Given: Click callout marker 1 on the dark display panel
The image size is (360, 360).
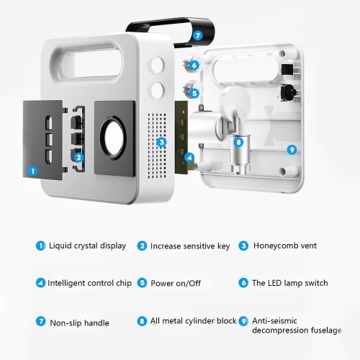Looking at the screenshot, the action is point(33,171).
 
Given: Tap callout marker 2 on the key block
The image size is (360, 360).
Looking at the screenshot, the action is point(78,158).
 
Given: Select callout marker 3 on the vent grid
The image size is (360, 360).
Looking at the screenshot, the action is point(161,142).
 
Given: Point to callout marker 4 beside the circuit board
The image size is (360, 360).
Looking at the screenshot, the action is point(189,158).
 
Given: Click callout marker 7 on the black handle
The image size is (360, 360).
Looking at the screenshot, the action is point(198,35).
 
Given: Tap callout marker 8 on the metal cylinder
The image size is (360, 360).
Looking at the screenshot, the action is point(238,142).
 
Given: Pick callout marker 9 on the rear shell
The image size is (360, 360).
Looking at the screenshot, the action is point(292,150).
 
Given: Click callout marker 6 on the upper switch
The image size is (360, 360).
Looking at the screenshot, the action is point(194,65).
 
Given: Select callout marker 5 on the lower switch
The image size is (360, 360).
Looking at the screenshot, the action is point(194,93).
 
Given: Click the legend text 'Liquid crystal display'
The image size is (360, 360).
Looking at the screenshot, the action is point(87,246).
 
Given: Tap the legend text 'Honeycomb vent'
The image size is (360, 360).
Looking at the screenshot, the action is point(285,246).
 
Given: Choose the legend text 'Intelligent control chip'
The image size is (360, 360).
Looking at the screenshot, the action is point(89,283).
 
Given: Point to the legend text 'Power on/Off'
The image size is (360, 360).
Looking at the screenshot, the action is point(176,283).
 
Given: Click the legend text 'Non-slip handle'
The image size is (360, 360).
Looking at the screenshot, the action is point(79,323).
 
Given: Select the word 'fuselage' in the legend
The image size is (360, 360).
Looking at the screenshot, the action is point(326,330).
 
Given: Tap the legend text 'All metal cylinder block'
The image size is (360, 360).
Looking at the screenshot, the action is point(194,321).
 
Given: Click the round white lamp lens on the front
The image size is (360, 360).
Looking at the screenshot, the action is point(114,138).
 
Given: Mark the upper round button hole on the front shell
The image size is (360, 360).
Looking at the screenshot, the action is point(158,65).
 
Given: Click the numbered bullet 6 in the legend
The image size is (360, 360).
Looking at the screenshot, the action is point(243,283).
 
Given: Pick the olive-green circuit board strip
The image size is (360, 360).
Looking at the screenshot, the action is point(181,137).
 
